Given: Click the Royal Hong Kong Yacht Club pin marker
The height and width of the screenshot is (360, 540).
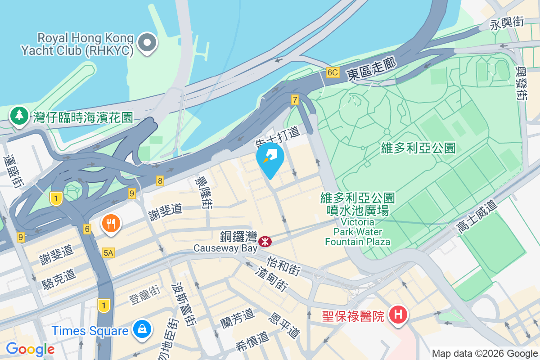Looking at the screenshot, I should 147,43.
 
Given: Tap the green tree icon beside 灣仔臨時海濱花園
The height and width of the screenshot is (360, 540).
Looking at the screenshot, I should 19,116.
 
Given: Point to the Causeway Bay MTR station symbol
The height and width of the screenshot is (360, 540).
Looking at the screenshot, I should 265,242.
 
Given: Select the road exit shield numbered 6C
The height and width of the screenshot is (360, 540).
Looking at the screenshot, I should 333,72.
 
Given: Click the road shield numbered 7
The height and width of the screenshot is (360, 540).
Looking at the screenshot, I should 295,100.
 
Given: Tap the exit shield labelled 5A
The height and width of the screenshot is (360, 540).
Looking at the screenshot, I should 108,253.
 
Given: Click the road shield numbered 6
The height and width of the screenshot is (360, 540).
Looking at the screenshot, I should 87,229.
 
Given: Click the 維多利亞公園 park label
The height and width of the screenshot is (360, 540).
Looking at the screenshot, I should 418,148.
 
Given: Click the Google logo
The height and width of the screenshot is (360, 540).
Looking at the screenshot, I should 30,349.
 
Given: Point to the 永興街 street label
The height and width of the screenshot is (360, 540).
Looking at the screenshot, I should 507,23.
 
